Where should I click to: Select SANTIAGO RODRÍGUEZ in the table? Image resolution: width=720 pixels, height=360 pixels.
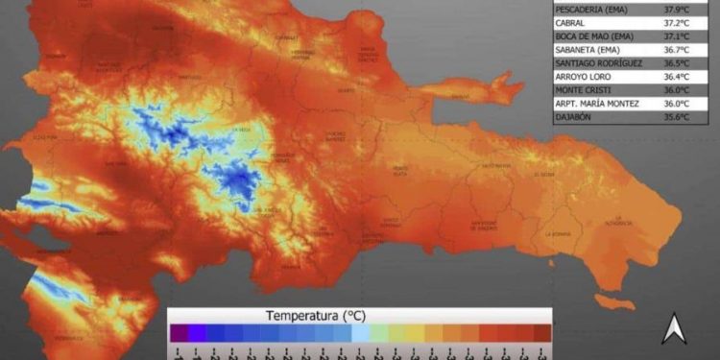597,70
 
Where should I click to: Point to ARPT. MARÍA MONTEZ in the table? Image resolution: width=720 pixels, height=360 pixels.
597,115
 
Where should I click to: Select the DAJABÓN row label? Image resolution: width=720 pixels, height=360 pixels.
573,131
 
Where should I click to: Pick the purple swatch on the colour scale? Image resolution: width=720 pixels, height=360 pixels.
179,333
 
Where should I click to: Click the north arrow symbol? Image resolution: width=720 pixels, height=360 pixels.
673,329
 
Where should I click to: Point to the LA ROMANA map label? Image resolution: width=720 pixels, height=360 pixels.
558,233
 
